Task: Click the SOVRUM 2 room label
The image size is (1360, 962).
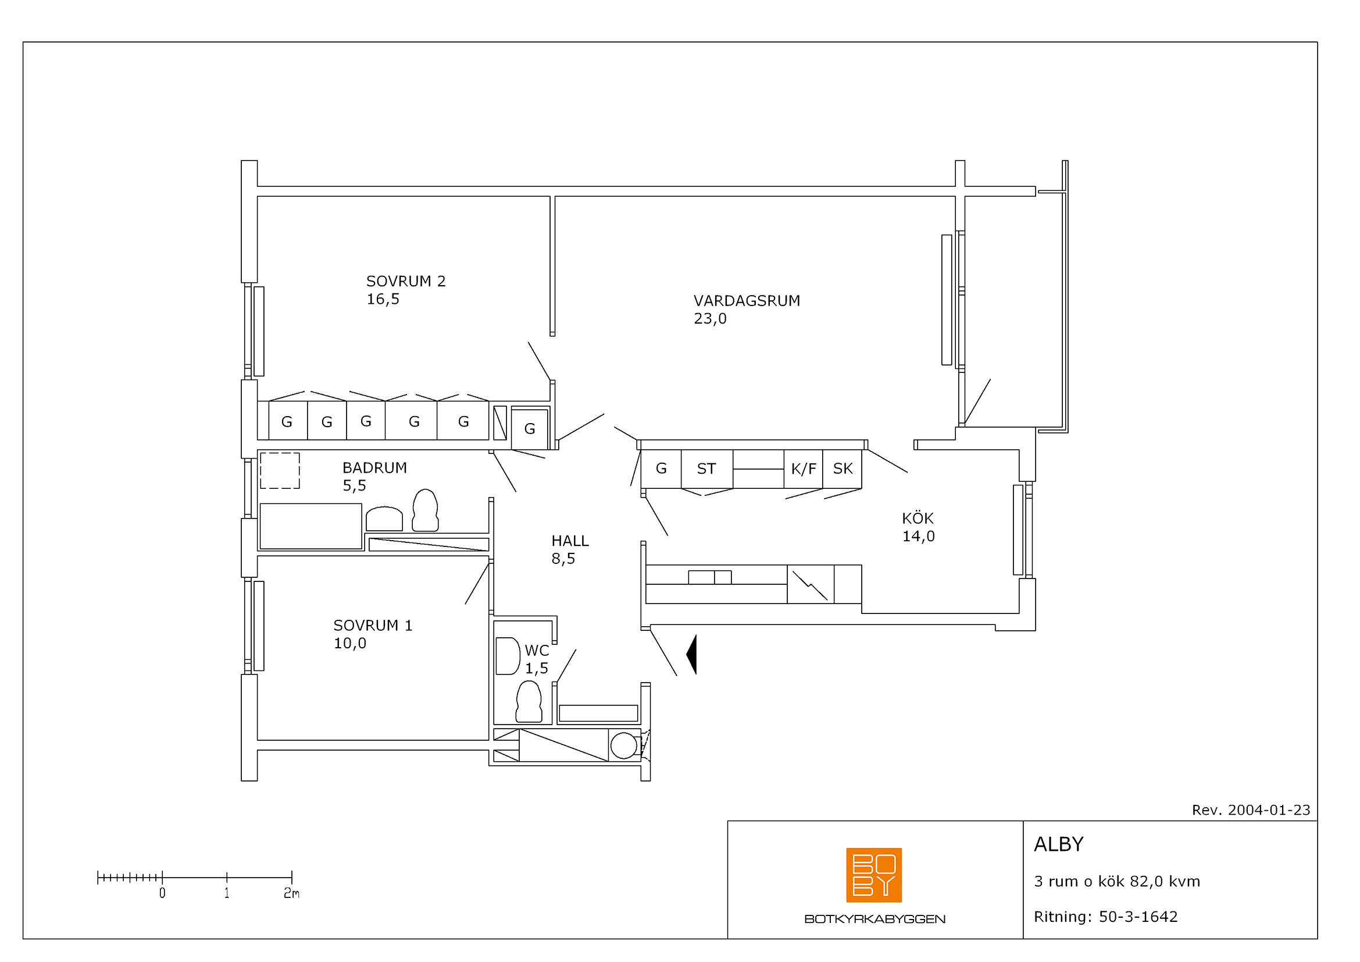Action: tap(406, 281)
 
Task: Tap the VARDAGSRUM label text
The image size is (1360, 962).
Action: tap(747, 300)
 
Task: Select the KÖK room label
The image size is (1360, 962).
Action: tap(918, 518)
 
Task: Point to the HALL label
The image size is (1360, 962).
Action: tap(570, 541)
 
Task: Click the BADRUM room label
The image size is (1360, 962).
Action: tap(374, 468)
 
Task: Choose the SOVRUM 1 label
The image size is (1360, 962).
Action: tap(373, 626)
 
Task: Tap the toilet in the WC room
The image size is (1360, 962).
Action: tap(529, 702)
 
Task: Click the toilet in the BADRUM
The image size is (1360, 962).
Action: tap(425, 510)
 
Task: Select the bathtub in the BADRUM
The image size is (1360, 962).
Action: tap(311, 526)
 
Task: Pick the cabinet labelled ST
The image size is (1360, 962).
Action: tap(706, 469)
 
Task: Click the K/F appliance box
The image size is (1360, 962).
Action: tap(803, 469)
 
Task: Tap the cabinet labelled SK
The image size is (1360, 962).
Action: tap(843, 469)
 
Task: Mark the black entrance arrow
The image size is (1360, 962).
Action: tap(693, 654)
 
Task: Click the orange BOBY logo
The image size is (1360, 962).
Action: tap(874, 875)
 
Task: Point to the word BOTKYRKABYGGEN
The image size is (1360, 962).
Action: tap(874, 920)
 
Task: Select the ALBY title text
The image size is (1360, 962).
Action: tap(1058, 844)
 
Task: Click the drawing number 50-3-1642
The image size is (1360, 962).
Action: tap(1138, 917)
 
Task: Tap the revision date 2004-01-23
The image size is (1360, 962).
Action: tap(1269, 810)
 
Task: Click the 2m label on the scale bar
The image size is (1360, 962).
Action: tap(291, 893)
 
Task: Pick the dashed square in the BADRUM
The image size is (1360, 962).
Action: tap(280, 471)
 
